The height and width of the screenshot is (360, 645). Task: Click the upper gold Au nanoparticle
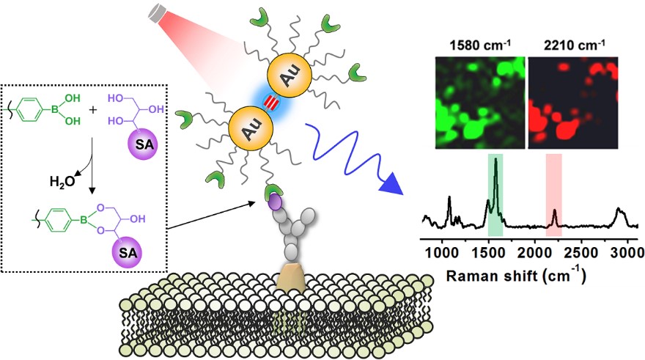[290, 76]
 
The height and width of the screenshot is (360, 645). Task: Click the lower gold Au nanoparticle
[251, 128]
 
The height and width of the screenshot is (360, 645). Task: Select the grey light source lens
[156, 15]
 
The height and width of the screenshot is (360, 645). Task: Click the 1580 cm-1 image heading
[479, 45]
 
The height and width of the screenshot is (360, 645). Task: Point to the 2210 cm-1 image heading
[575, 45]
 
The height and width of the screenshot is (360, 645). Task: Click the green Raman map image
[480, 103]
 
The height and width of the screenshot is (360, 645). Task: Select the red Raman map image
[573, 103]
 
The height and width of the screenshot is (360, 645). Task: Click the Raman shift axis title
[516, 274]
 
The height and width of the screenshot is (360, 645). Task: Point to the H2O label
[62, 181]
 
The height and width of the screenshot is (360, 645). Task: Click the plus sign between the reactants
[93, 110]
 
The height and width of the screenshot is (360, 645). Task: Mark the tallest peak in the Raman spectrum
[495, 159]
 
